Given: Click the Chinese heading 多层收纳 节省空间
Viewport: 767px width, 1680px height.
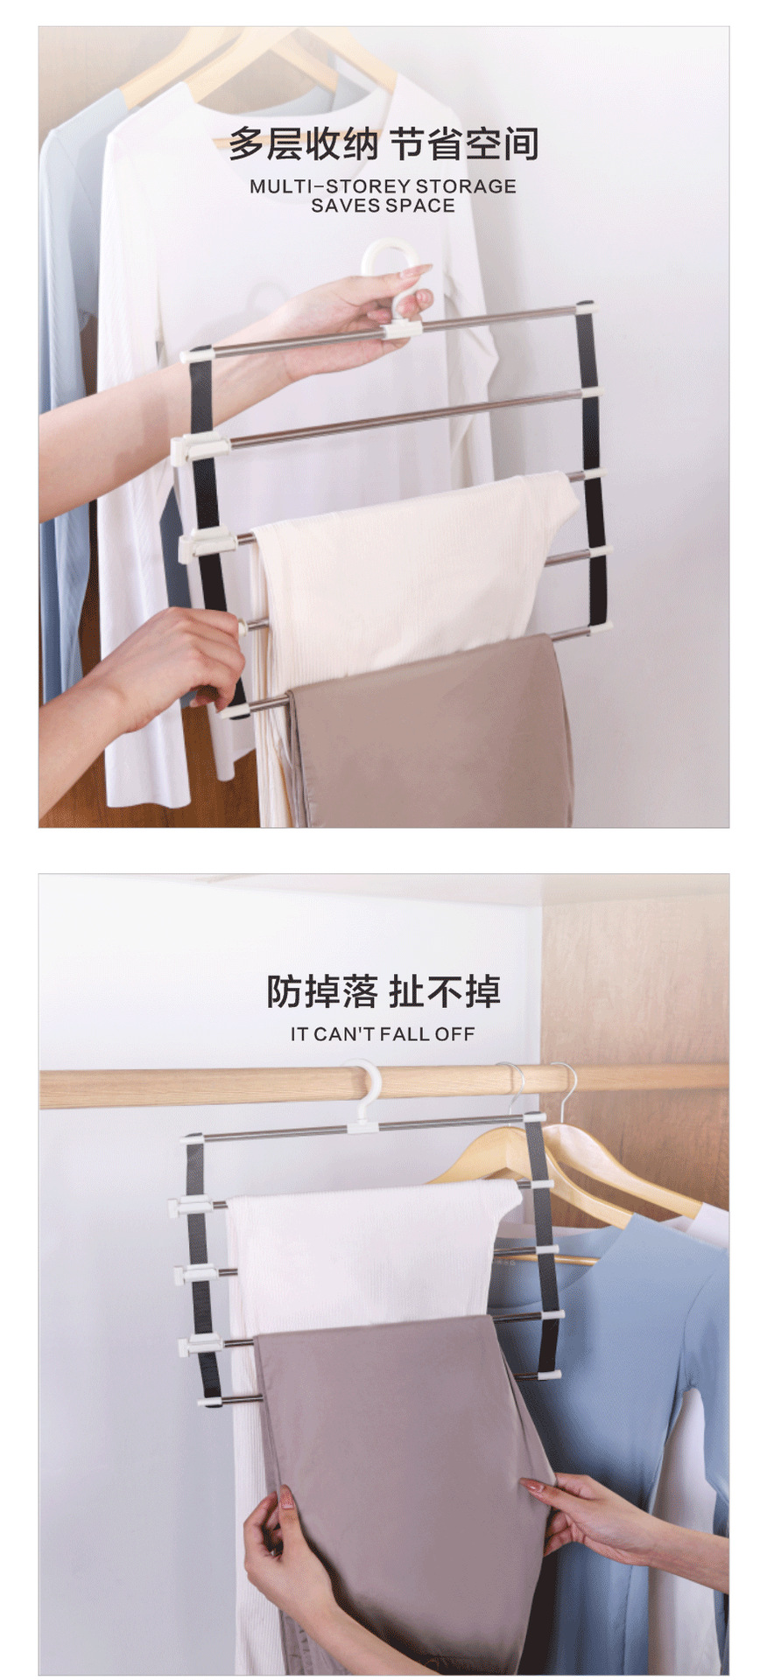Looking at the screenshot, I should pyautogui.click(x=383, y=143).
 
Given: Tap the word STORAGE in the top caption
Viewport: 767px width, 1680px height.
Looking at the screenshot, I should pyautogui.click(x=465, y=186).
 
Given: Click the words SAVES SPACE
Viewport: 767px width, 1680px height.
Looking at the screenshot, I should pyautogui.click(x=383, y=206).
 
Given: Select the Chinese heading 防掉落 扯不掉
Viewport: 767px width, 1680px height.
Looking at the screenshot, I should pyautogui.click(x=383, y=991).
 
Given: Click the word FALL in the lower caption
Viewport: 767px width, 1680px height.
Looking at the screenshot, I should pyautogui.click(x=405, y=1034).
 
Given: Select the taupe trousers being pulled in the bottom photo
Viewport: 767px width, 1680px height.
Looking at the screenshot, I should pyautogui.click(x=394, y=1444).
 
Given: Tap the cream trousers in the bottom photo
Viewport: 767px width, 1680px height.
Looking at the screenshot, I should pyautogui.click(x=368, y=1242).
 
